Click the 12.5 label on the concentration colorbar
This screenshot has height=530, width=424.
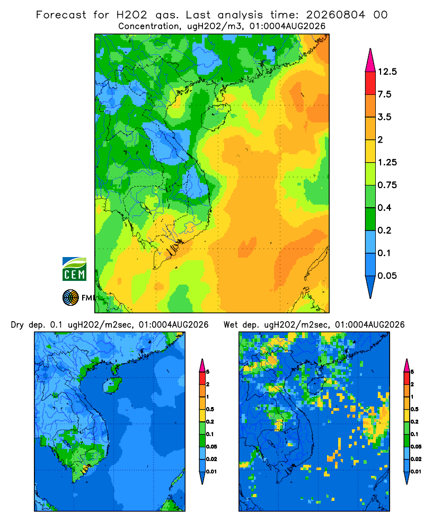point(387,72)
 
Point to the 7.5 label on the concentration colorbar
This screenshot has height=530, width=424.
point(384,94)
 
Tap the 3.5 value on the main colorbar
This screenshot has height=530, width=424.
point(384,117)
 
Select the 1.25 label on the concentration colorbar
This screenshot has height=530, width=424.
point(387,162)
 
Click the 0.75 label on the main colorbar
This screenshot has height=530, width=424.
point(387,185)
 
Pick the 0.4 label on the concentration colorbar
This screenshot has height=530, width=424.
point(384,208)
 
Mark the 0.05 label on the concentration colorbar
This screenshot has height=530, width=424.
point(387,276)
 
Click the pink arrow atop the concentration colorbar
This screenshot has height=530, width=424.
point(370,61)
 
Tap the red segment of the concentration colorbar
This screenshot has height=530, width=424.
point(370,83)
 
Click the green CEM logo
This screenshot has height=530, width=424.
point(74,269)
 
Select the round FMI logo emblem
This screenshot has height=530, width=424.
point(70,297)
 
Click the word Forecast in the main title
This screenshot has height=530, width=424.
point(61,15)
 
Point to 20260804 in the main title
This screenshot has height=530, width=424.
point(335,15)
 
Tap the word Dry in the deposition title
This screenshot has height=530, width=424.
point(17,325)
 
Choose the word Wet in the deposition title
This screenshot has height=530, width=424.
point(231,325)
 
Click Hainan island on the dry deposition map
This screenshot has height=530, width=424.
point(112,384)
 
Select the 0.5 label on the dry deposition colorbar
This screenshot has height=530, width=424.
point(210,409)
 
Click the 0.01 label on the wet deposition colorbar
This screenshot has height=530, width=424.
point(416,472)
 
